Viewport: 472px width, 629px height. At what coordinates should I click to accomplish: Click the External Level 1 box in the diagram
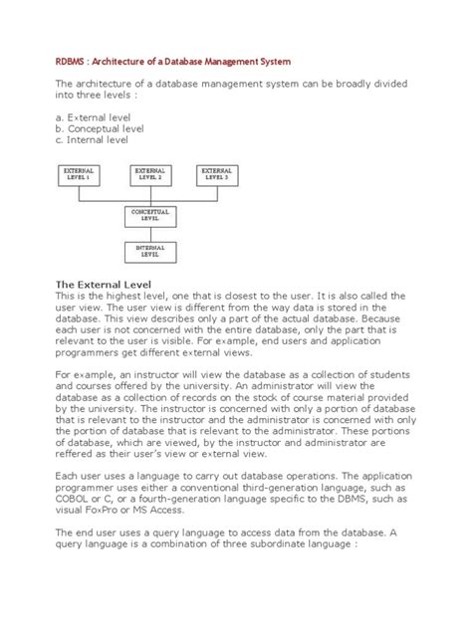tap(79, 176)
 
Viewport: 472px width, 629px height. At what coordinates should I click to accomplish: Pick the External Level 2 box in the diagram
tap(149, 176)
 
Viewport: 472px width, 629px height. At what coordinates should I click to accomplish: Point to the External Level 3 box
tap(216, 176)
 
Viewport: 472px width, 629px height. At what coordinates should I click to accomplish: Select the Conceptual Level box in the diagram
tap(149, 216)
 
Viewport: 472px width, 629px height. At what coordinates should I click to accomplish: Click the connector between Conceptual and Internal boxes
tap(149, 233)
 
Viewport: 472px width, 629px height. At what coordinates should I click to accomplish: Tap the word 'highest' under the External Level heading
tap(118, 297)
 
